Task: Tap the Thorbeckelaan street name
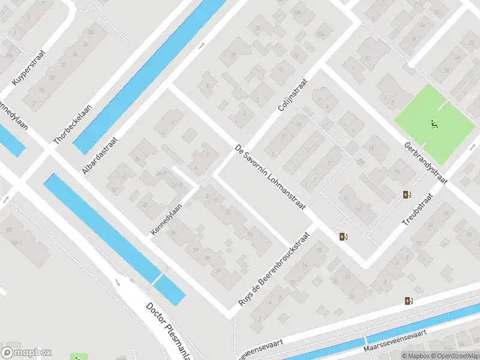tap(69, 122)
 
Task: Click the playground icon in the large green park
tap(434, 125)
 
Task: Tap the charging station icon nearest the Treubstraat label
tap(408, 194)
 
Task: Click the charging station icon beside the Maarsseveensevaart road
tap(409, 301)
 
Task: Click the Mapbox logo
tap(26, 353)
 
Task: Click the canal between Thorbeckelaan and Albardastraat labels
tap(150, 72)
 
